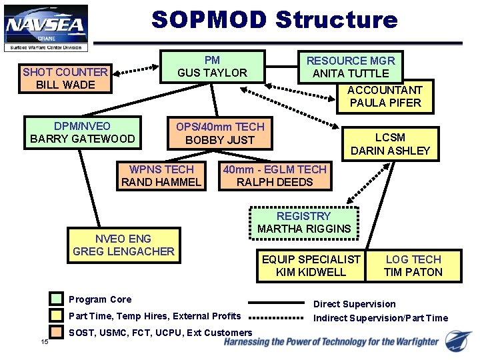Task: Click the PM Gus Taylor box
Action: [x=212, y=67]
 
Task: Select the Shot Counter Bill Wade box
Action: [x=65, y=78]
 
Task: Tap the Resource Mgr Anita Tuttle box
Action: [x=350, y=67]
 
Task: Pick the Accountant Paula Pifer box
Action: [x=385, y=97]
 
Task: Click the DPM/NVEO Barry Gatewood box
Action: [x=83, y=133]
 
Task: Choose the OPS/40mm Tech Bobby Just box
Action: [x=220, y=133]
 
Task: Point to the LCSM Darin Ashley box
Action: [x=390, y=144]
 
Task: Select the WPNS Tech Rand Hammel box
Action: [x=161, y=176]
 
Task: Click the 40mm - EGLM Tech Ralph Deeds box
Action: [x=275, y=176]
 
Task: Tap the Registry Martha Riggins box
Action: [x=304, y=223]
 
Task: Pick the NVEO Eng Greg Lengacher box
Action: [x=123, y=245]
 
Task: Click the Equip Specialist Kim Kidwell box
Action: [x=311, y=265]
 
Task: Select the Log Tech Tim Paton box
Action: [x=413, y=265]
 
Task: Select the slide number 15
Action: [x=45, y=343]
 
